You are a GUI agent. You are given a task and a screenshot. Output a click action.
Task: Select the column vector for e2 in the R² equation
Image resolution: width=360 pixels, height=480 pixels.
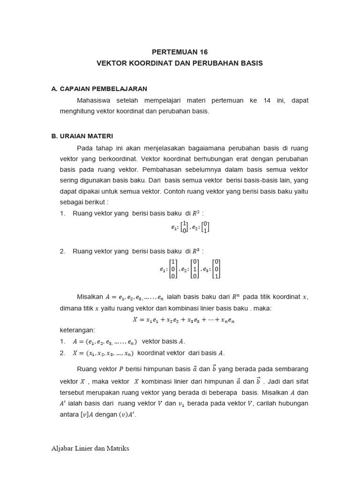click(x=205, y=227)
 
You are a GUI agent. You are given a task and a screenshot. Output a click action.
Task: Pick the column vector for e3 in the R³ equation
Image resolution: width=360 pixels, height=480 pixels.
click(x=216, y=269)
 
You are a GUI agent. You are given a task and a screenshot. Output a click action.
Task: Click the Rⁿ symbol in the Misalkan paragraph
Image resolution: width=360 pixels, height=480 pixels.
click(x=237, y=296)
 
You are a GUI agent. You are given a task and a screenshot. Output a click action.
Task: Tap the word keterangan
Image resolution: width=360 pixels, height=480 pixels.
click(x=77, y=330)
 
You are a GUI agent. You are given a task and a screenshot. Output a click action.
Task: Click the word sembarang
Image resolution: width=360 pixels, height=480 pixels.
click(x=291, y=369)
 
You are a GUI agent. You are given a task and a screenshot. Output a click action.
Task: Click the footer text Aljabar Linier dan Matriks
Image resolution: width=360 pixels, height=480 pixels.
click(x=90, y=449)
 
